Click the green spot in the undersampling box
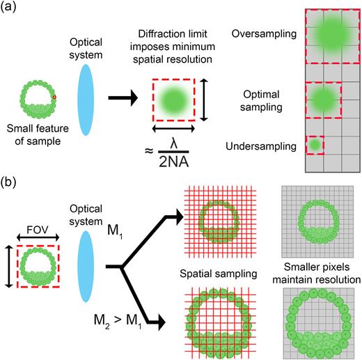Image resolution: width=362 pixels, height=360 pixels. click(315, 145)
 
